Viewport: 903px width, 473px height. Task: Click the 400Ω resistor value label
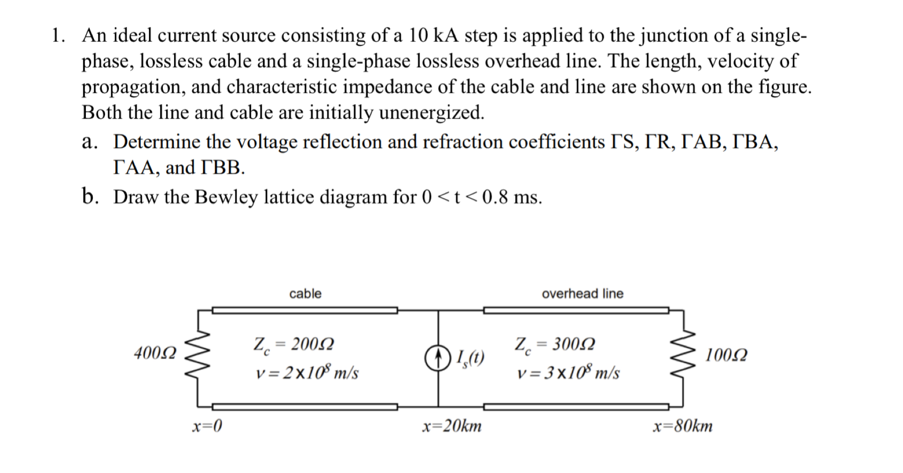155,353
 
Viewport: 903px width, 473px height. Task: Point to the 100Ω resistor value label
726,355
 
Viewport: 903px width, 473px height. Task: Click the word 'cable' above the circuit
305,294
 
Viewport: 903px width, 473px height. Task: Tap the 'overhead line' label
582,294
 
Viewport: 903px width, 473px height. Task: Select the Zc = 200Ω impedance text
293,345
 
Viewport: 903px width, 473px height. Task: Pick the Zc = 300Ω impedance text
555,345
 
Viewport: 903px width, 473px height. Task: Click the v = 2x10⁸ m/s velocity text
307,373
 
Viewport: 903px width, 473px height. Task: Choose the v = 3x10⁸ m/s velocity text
568,373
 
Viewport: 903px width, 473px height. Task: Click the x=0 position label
207,426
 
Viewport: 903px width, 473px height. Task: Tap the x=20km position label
451,426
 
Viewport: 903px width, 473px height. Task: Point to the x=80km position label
682,426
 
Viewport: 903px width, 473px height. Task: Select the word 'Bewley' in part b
226,197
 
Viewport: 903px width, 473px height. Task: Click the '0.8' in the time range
494,197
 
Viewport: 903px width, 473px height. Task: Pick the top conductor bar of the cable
305,310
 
